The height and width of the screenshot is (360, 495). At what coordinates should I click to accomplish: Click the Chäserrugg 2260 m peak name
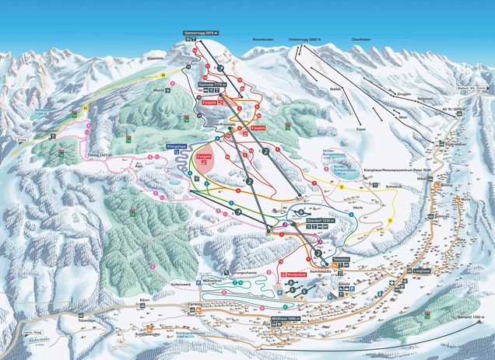[303, 36]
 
